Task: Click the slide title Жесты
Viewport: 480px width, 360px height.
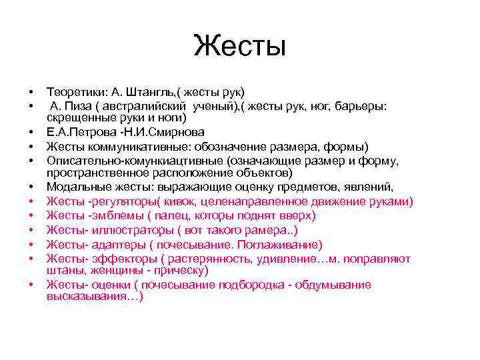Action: (240, 46)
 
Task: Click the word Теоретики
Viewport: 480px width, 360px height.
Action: (74, 91)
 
